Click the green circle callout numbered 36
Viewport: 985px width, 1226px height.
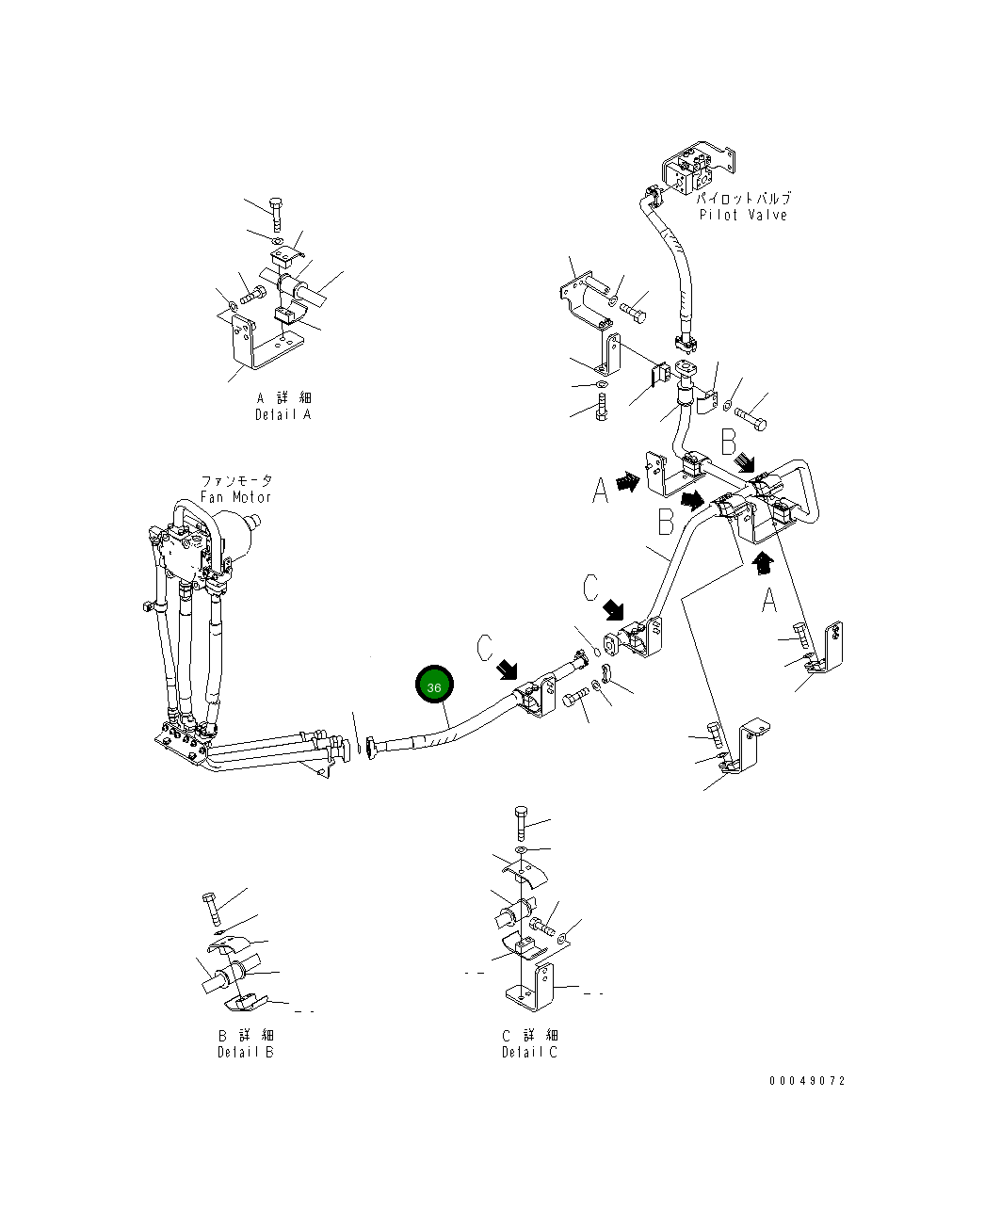pyautogui.click(x=434, y=687)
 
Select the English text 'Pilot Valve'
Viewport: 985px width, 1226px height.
pyautogui.click(x=743, y=215)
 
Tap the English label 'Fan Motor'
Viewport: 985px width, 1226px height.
pyautogui.click(x=235, y=497)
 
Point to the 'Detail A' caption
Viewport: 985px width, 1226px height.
pyautogui.click(x=283, y=414)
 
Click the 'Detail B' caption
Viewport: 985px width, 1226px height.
pyautogui.click(x=246, y=1052)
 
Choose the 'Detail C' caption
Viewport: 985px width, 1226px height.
pyautogui.click(x=529, y=1052)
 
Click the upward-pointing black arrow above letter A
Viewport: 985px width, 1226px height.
pyautogui.click(x=764, y=563)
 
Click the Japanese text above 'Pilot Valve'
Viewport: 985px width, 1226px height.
pyautogui.click(x=743, y=199)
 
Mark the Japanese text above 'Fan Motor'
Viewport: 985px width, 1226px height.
pyautogui.click(x=235, y=481)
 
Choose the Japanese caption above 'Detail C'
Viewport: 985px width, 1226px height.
pyautogui.click(x=529, y=1036)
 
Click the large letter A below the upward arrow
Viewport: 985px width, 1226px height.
pyautogui.click(x=769, y=599)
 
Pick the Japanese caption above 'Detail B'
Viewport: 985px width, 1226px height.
pyautogui.click(x=246, y=1036)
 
